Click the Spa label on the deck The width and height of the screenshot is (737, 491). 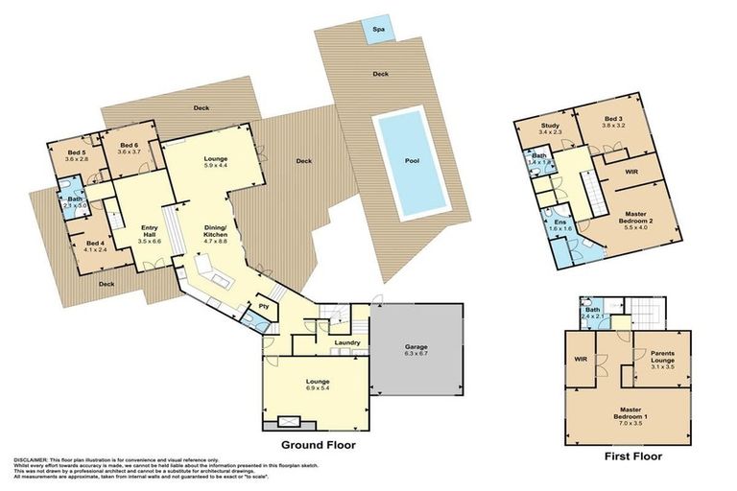point(381,27)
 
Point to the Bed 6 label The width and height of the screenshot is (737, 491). point(129,148)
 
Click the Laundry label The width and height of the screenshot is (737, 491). point(345,342)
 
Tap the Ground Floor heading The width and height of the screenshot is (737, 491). point(317,446)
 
